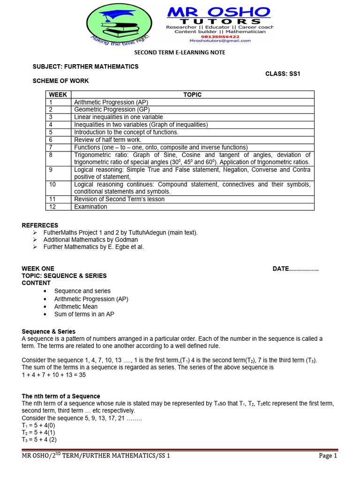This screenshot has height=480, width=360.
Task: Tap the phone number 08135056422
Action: click(219, 36)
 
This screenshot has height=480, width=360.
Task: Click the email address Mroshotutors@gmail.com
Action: click(219, 41)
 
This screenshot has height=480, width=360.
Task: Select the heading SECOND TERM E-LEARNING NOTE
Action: click(180, 52)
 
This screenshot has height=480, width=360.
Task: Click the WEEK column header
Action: click(58, 95)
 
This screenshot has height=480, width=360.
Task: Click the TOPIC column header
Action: click(192, 95)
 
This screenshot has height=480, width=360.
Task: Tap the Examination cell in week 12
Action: click(90, 207)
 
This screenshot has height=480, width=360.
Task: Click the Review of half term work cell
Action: click(107, 140)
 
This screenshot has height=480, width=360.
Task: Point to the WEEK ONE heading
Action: click(38, 269)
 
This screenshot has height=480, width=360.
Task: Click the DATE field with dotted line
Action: click(295, 269)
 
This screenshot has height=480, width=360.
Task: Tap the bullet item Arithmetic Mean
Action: click(76, 307)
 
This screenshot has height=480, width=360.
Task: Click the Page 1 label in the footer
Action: click(328, 456)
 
